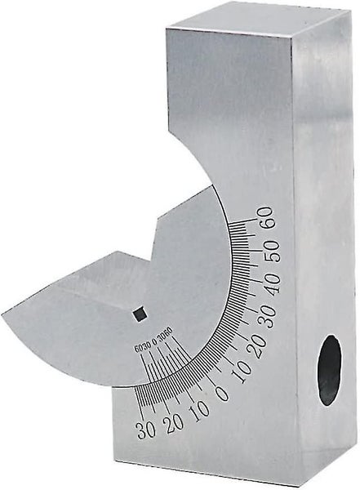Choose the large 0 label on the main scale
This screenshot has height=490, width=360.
pos(220,391)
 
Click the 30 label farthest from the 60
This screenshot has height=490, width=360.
pos(144,430)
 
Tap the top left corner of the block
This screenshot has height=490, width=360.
pos(166,30)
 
